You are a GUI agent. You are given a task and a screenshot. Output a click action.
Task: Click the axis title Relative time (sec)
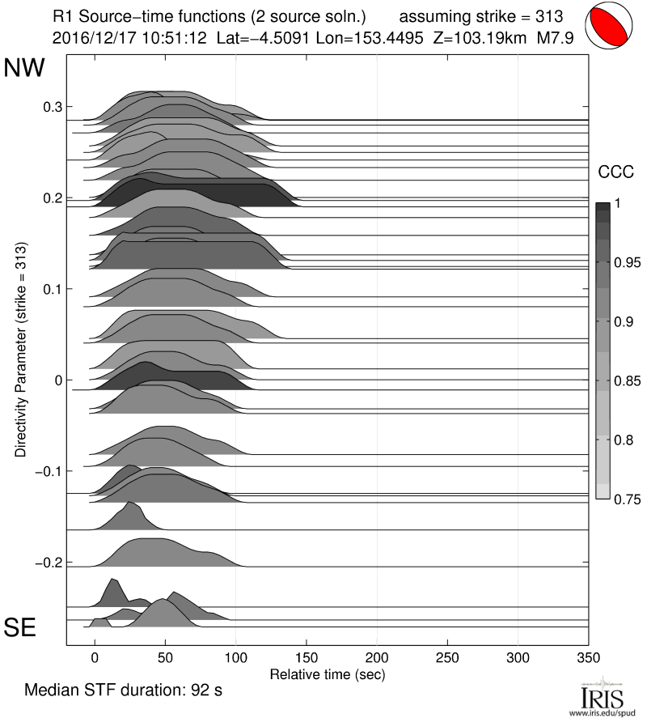[x=327, y=673]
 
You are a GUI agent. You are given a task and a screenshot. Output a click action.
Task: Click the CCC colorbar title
[x=614, y=172]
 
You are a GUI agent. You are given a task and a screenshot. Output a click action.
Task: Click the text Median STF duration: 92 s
[x=124, y=691]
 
